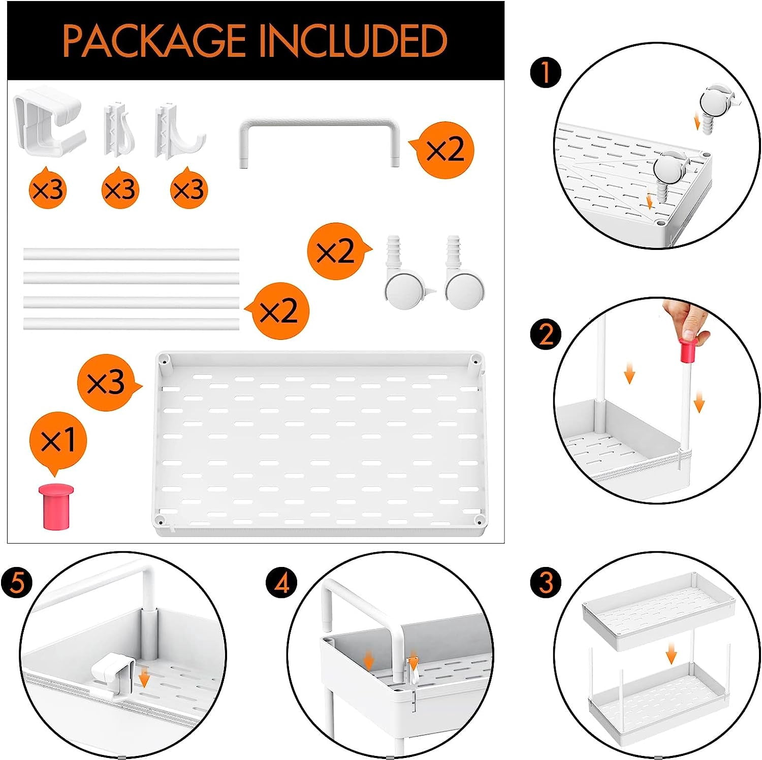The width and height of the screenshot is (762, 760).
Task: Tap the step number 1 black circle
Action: click(x=546, y=73)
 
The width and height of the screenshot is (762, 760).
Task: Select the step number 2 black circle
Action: click(x=546, y=335)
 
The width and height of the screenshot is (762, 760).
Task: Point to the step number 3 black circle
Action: click(x=546, y=582)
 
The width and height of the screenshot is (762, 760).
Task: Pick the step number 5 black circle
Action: click(x=17, y=582)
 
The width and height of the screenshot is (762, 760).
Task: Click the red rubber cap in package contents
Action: click(x=56, y=506)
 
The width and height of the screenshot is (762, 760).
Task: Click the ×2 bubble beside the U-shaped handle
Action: click(x=444, y=150)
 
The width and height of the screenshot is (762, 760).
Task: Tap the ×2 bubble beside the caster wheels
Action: click(x=337, y=250)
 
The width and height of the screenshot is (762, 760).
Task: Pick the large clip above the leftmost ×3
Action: click(x=49, y=120)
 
